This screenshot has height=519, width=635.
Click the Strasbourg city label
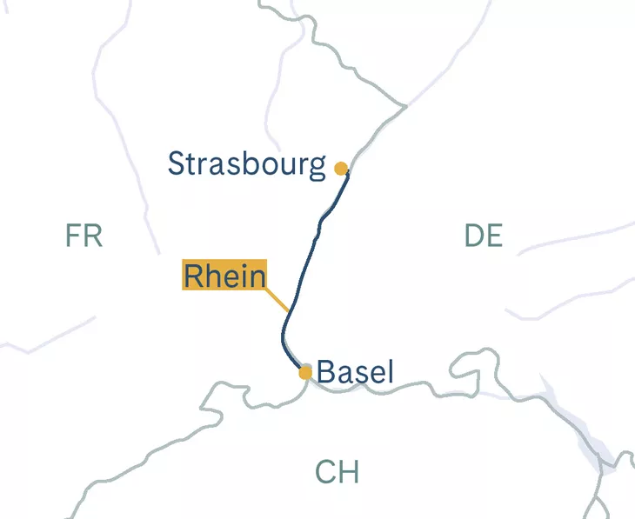246,163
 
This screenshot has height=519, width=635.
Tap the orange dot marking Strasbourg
341,169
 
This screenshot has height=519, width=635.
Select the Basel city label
355,373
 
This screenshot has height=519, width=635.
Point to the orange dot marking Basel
305,373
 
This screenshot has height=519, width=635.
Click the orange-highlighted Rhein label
224,276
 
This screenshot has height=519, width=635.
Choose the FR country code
84,236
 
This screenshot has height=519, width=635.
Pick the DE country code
484,236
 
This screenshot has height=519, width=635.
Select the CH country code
337,473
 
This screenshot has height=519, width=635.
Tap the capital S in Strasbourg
177,163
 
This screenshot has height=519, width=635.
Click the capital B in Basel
326,373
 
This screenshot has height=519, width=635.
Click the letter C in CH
325,473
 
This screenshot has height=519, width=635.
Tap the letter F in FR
74,236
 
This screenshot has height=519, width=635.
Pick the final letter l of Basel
390,372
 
